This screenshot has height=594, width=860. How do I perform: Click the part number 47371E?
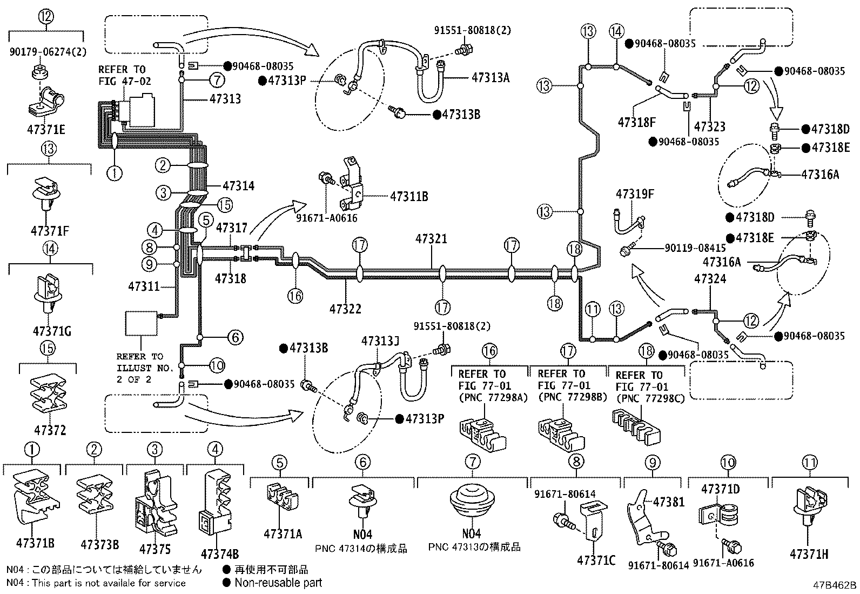coord(46,130)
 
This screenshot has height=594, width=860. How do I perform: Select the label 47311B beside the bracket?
coord(409,196)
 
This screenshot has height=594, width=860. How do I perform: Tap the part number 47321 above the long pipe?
coord(431,239)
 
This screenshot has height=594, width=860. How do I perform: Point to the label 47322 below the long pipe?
coord(345,309)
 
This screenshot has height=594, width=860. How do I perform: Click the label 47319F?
coord(635,194)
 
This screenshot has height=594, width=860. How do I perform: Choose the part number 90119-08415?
coord(695,248)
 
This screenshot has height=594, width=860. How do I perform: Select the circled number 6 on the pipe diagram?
coord(236,337)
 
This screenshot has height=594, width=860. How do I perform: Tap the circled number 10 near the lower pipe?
coord(217,365)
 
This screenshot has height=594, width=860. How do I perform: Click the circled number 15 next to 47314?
coord(225,205)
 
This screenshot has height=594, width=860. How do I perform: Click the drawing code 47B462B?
coord(834,585)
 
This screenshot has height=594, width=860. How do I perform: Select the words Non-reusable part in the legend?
coord(278,583)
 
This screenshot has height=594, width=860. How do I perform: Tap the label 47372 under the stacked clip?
coord(50,430)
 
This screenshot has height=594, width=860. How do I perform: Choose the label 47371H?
coord(809,554)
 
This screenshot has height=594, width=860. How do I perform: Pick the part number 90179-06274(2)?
coord(48,51)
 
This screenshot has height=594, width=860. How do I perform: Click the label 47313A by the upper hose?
coord(491,78)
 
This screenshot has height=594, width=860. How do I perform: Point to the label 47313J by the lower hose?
coord(380,341)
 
